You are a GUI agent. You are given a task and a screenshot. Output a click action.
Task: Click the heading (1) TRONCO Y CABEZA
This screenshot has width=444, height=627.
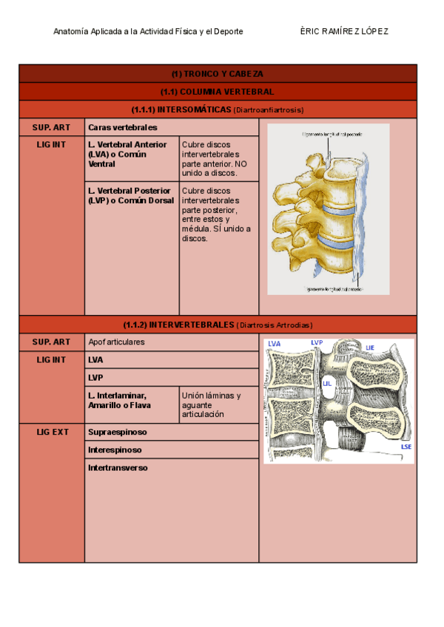coord(217,74)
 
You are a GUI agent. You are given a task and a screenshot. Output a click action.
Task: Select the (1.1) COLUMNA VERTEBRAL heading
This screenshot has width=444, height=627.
coord(217,92)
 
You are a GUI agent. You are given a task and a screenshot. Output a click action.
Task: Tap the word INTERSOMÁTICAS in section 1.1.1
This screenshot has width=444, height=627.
coord(194,109)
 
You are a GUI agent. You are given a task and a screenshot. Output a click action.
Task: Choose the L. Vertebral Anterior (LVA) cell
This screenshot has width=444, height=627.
coord(127,154)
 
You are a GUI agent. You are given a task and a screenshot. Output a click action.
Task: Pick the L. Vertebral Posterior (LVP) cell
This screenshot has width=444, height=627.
coord(129,195)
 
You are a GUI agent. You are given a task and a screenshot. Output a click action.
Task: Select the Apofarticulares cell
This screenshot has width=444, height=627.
coord(116,342)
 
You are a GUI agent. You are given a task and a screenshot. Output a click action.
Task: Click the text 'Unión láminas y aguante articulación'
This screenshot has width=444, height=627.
coord(211,404)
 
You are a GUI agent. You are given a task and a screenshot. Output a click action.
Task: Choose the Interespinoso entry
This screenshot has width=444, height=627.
coord(115,450)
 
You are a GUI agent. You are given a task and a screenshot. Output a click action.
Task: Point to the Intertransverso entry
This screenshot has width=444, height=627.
coord(118,467)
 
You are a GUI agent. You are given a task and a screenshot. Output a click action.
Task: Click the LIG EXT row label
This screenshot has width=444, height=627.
coord(52,432)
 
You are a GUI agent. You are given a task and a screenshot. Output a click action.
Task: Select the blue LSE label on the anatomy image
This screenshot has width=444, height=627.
coord(406,447)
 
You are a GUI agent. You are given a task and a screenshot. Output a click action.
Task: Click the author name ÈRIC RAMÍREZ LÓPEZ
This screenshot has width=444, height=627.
coord(344,31)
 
